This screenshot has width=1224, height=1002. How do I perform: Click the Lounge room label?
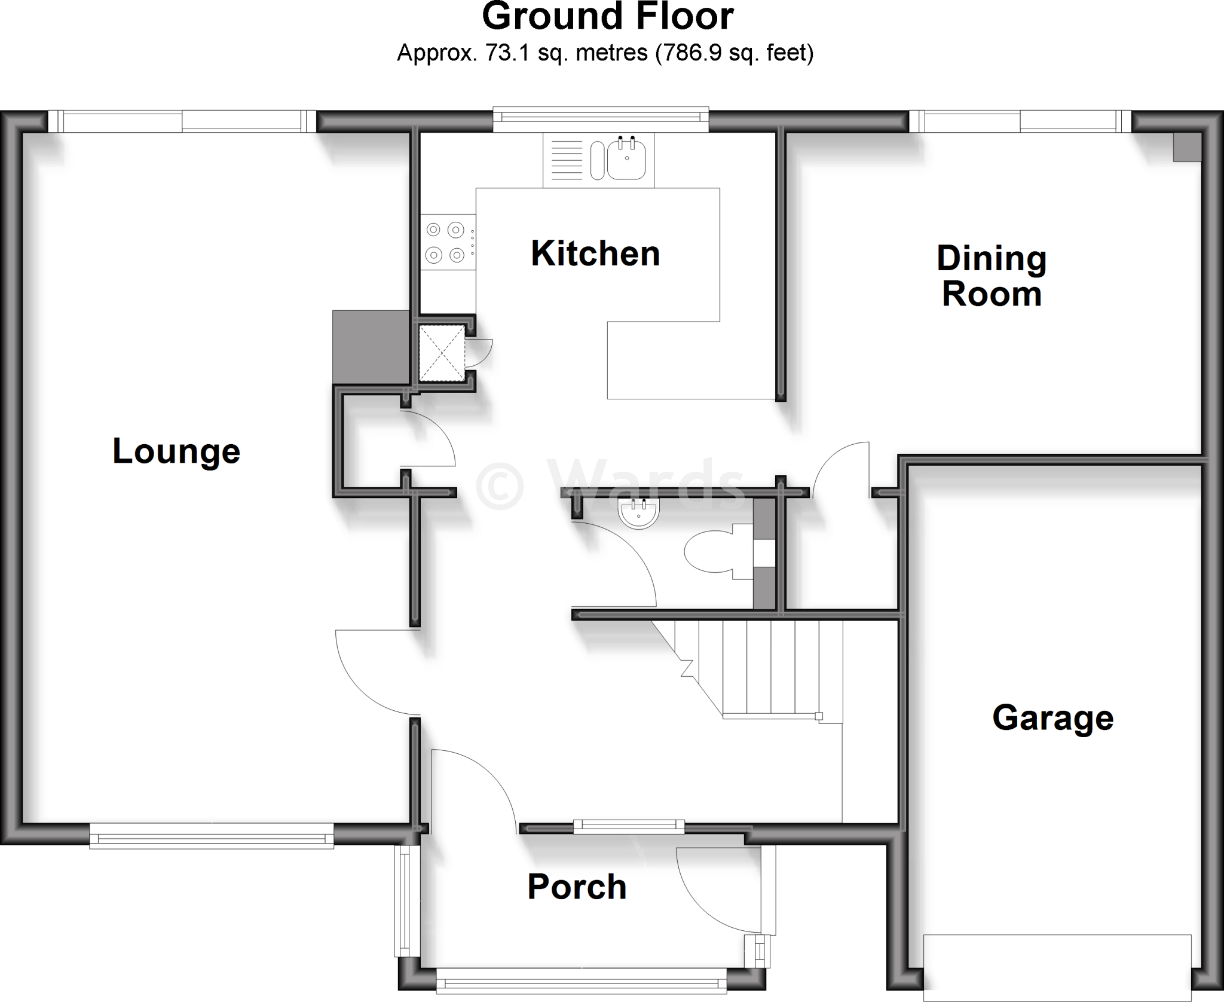pyautogui.click(x=176, y=451)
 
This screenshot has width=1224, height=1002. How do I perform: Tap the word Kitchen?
pyautogui.click(x=595, y=253)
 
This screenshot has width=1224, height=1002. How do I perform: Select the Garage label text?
pyautogui.click(x=1052, y=717)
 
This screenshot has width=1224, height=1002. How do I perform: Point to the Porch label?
pyautogui.click(x=577, y=887)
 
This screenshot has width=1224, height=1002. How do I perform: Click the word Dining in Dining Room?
pyautogui.click(x=992, y=258)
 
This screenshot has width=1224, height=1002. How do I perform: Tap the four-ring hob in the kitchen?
pyautogui.click(x=445, y=242)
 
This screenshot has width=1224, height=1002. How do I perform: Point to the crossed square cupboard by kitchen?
pyautogui.click(x=442, y=353)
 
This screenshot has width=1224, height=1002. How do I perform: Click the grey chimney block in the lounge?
pyautogui.click(x=371, y=347)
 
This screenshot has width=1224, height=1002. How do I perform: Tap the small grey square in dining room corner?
pyautogui.click(x=1186, y=147)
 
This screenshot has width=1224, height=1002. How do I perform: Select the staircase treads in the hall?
pyautogui.click(x=771, y=667)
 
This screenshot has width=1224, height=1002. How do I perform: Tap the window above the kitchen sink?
pyautogui.click(x=600, y=119)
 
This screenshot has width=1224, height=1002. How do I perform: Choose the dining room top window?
pyautogui.click(x=1020, y=121)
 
